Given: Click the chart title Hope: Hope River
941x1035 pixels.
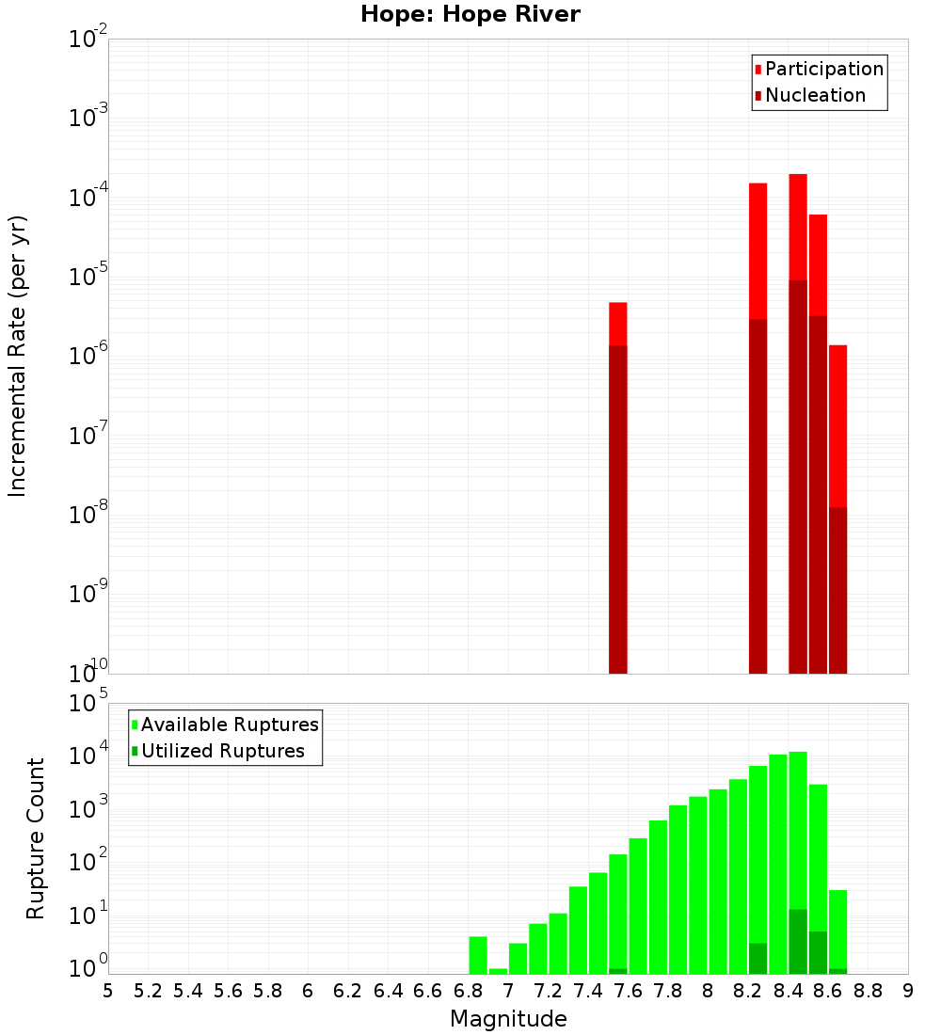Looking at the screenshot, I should click(470, 14).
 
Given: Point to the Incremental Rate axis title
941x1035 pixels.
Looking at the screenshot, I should click(18, 356).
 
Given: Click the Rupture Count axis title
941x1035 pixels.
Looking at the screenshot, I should click(36, 837).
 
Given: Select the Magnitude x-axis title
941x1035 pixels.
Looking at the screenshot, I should click(508, 1019).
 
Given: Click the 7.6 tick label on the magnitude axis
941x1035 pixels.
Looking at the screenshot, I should click(629, 990).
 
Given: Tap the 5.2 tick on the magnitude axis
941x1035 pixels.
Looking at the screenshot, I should click(149, 990).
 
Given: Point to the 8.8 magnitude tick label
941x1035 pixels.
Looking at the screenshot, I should click(869, 990).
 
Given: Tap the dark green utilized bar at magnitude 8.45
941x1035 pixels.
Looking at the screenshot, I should click(798, 941).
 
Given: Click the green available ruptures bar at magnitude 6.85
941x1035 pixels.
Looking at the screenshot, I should click(478, 954).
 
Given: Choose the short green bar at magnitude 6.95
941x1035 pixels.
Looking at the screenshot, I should click(498, 970).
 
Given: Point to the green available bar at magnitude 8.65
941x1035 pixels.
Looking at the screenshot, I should click(837, 927).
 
